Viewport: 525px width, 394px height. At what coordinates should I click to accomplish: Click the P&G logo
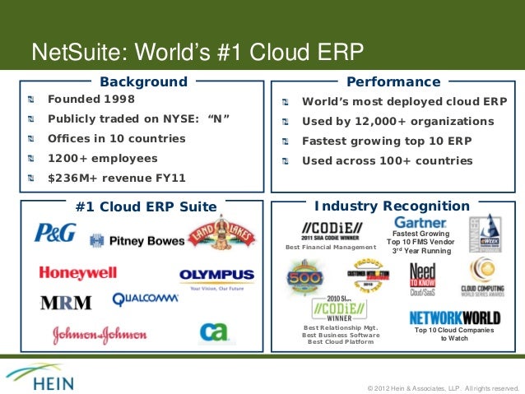click(x=55, y=233)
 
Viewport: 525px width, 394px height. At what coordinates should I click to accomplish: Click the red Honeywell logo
click(x=77, y=272)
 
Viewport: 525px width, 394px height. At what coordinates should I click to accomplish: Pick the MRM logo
click(x=66, y=302)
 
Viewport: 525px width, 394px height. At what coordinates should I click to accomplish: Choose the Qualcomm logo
click(x=145, y=299)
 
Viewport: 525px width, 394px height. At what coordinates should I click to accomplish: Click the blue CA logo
click(x=213, y=331)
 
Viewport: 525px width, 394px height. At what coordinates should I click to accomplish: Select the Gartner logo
click(x=420, y=223)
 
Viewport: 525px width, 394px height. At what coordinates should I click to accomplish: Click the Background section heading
click(x=143, y=81)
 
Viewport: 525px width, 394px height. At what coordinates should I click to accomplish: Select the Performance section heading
click(x=393, y=81)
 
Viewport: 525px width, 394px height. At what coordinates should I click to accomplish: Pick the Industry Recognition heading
click(x=391, y=206)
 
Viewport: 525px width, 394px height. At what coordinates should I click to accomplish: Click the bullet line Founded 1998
click(x=90, y=99)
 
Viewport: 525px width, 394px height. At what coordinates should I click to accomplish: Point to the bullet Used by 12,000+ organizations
click(x=397, y=122)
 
